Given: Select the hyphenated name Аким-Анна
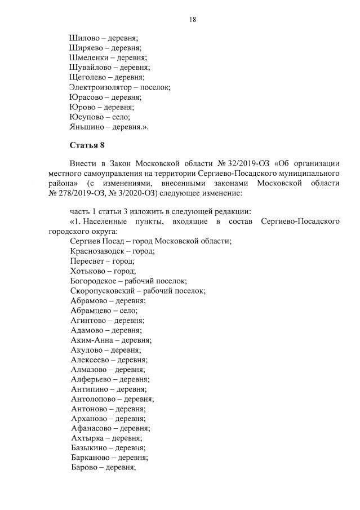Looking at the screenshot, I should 91,340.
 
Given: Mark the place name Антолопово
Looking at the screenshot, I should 94,398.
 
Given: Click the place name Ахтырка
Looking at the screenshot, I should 88,438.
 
